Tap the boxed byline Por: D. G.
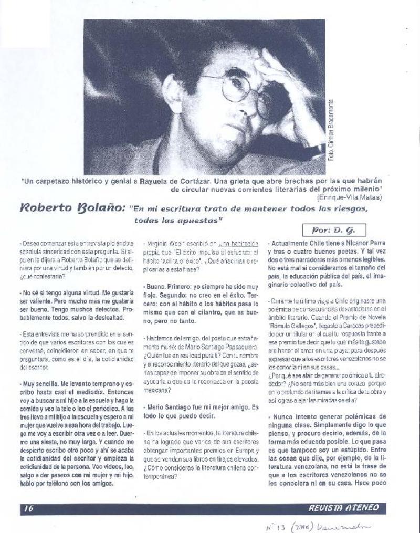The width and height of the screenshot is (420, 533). click(x=334, y=229)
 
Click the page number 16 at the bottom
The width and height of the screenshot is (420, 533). click(x=28, y=508)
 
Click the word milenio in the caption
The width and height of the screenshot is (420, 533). click(x=364, y=189)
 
